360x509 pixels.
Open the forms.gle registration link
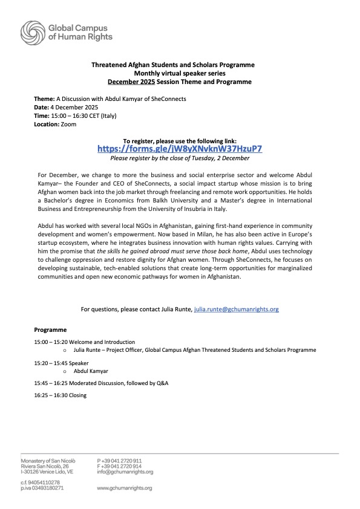(x=180, y=149)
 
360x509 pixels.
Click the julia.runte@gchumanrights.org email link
(x=236, y=309)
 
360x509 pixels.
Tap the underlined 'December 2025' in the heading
(x=132, y=81)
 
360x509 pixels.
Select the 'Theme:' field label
(x=44, y=98)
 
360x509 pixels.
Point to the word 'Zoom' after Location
(x=69, y=123)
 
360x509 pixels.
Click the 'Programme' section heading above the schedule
(x=50, y=330)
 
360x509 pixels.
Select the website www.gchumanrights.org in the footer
(x=125, y=487)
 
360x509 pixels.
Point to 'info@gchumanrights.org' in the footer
(x=125, y=472)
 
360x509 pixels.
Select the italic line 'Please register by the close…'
(x=180, y=158)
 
